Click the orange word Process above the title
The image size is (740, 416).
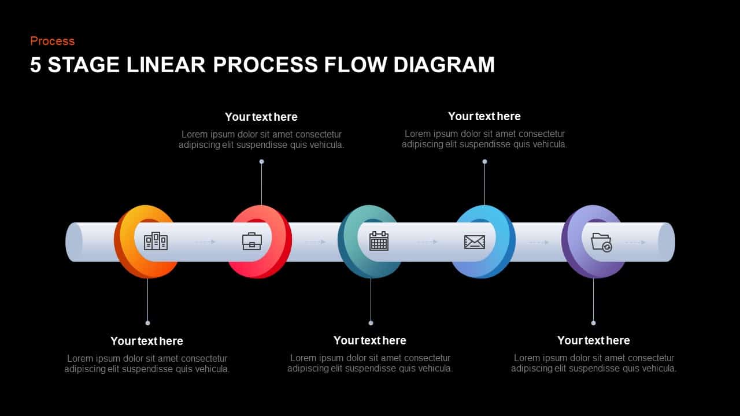click(52, 41)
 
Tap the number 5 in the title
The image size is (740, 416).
click(36, 65)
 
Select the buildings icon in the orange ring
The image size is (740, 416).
click(156, 241)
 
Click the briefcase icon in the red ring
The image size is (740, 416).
click(252, 241)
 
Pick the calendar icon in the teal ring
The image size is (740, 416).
click(379, 241)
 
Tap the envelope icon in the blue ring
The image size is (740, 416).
click(475, 242)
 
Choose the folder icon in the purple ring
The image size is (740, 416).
click(601, 242)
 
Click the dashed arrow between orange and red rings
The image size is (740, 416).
click(205, 242)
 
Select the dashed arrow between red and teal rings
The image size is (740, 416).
click(315, 242)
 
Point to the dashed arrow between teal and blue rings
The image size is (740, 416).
click(427, 242)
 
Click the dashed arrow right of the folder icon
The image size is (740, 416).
click(635, 243)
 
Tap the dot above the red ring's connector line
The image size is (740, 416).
click(261, 162)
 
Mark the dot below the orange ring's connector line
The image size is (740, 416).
click(148, 323)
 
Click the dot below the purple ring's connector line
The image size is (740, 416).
click(593, 323)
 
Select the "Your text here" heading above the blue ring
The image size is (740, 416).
click(484, 116)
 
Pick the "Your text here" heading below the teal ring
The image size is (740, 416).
click(369, 340)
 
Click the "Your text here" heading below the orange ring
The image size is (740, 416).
click(146, 341)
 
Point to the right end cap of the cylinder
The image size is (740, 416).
click(667, 242)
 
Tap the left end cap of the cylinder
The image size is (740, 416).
click(74, 242)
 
